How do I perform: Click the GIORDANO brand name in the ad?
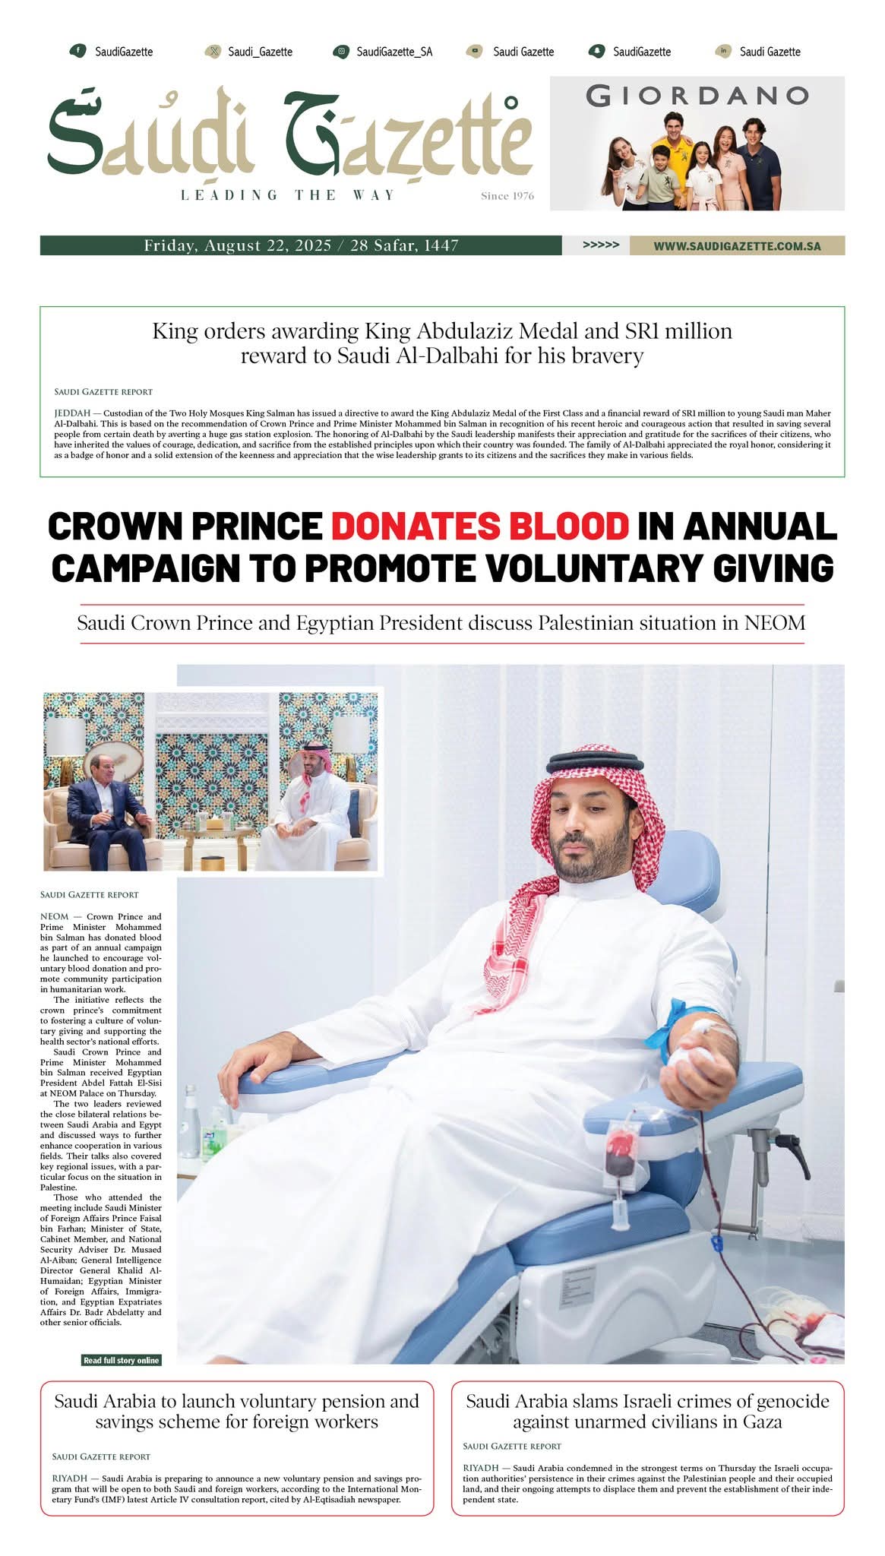pos(697,96)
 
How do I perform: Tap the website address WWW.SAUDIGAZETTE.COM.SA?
pos(736,246)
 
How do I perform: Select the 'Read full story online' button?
pos(122,1360)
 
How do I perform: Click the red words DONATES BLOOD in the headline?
pos(480,526)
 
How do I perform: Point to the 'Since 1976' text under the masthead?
pos(507,196)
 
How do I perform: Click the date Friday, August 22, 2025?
pos(238,245)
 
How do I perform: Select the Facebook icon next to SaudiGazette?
pos(77,51)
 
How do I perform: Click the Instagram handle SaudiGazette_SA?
pos(394,52)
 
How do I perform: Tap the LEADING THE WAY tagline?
pos(288,195)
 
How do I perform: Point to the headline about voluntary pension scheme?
pos(236,1411)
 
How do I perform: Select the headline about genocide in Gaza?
pos(647,1411)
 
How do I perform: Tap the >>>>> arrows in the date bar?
pos(600,245)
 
